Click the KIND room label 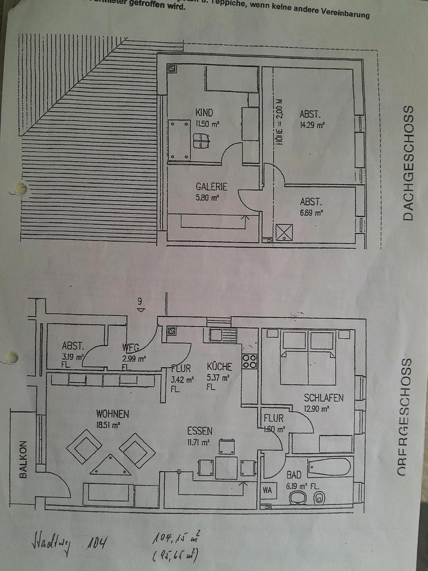point(204,112)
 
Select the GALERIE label point(211,187)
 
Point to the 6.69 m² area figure point(310,212)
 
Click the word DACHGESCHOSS point(407,164)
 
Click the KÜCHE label point(219,366)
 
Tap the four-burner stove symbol point(249,361)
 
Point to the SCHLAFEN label point(323,397)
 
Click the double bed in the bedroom point(308,358)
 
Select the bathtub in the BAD point(329,467)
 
